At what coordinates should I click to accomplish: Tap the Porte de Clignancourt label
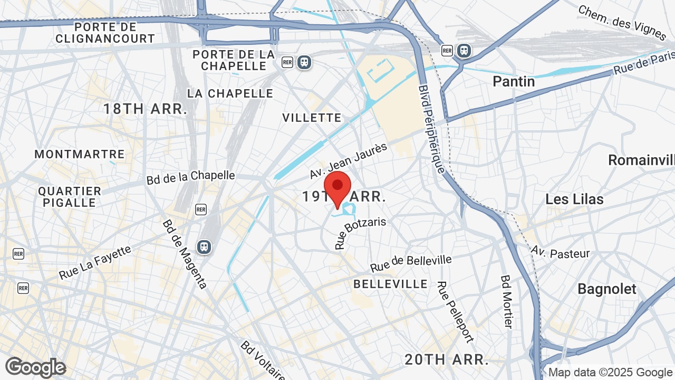coord(105,33)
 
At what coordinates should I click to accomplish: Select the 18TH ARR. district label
coord(145,109)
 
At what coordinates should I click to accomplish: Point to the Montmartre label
coord(80,154)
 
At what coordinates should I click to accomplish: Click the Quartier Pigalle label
coord(70,197)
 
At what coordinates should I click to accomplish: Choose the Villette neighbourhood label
coord(312,118)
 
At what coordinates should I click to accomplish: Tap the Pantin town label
coord(513,81)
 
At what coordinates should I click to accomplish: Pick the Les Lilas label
coord(574,199)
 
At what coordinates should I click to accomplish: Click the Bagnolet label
coord(607,289)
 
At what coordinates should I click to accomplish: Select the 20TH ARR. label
coord(446,359)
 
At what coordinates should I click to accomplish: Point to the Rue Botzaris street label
coord(360,233)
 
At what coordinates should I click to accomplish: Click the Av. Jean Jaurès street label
coord(348,160)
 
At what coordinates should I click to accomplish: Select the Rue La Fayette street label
coord(95,262)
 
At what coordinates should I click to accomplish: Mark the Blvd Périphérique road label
coord(432,129)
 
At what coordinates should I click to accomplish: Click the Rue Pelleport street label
coord(455,312)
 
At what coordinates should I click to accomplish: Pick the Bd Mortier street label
coord(507,301)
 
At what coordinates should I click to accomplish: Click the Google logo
coord(35,367)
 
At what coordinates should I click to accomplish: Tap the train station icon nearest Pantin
coord(464,50)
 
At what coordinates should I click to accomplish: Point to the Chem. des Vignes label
coord(622,23)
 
